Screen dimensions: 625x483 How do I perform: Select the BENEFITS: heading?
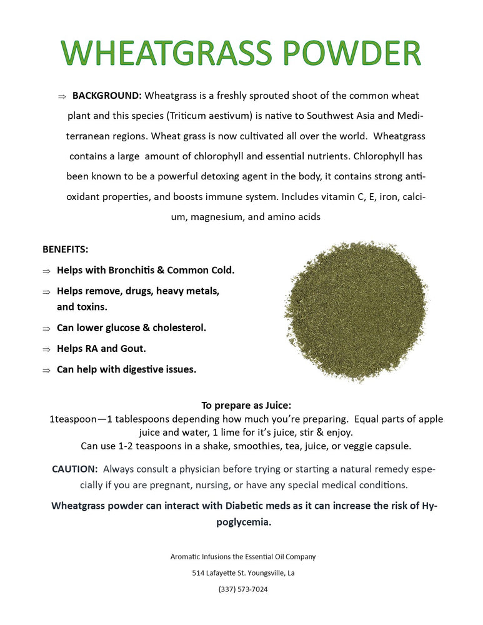pyautogui.click(x=66, y=249)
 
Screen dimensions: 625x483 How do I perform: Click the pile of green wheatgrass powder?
pyautogui.click(x=356, y=311)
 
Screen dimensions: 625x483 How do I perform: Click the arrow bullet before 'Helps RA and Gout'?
pyautogui.click(x=46, y=349)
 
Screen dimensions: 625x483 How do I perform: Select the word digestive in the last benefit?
pyautogui.click(x=144, y=369)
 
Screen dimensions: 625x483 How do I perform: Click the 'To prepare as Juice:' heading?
pyautogui.click(x=246, y=405)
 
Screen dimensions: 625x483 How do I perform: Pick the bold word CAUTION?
pyautogui.click(x=75, y=469)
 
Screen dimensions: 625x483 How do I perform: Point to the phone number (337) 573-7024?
pyautogui.click(x=243, y=589)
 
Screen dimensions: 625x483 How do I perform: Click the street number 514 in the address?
pyautogui.click(x=199, y=572)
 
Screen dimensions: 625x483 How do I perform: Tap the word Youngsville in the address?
pyautogui.click(x=259, y=572)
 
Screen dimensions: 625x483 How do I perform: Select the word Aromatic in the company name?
pyautogui.click(x=186, y=556)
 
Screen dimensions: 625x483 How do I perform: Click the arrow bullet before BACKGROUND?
pyautogui.click(x=62, y=96)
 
